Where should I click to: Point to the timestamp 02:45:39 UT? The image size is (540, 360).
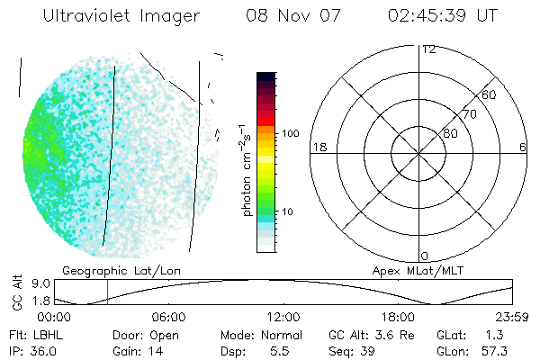(444, 16)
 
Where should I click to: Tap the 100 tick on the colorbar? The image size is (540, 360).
(289, 133)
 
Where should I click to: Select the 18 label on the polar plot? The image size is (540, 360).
(318, 147)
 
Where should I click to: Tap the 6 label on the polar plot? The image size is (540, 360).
(523, 147)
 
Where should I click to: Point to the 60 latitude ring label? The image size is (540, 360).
(490, 94)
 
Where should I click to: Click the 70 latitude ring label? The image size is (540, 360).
(469, 114)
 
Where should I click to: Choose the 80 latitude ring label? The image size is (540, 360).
(450, 133)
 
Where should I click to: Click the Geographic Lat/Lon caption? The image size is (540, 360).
(106, 270)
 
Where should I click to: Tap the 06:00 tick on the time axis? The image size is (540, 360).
(169, 317)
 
